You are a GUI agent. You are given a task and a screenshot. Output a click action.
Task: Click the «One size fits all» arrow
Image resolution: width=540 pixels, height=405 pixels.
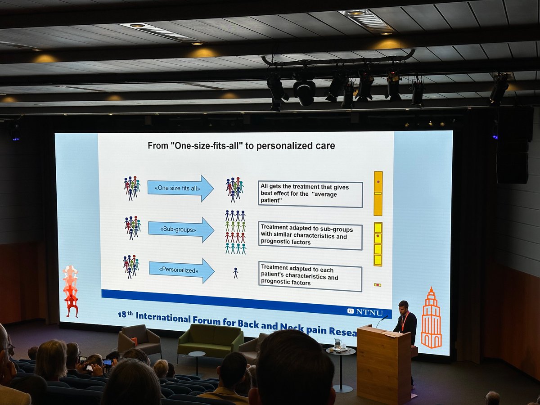180,188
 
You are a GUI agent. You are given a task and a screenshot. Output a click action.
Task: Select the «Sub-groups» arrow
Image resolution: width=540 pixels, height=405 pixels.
180,229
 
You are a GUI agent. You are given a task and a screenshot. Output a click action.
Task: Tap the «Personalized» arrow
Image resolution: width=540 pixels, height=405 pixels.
181,270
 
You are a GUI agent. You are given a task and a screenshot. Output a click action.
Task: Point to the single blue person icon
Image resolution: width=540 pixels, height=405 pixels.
235,273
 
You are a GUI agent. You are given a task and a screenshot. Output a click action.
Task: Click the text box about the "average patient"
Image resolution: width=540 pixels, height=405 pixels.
310,194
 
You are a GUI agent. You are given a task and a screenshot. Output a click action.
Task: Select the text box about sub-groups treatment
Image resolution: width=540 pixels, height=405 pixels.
310,236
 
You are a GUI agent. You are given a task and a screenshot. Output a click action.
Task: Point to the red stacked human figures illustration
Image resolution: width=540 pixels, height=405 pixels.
70,291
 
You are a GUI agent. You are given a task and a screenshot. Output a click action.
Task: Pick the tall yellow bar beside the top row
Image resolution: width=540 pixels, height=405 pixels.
378,193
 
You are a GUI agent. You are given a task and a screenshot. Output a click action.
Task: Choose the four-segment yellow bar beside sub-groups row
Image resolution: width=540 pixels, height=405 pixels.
378,244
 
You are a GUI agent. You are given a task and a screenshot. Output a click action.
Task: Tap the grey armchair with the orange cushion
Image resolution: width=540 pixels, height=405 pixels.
139,341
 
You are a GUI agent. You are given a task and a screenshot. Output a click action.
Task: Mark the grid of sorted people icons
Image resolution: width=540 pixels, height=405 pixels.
235,232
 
